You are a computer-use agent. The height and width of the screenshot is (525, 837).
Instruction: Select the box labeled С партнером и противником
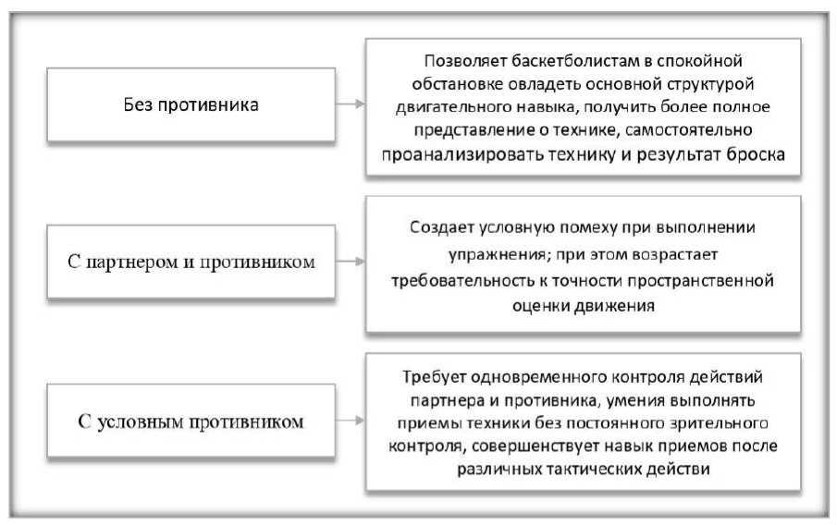coord(191,262)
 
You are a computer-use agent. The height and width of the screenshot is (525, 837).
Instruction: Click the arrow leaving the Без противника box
coord(347,104)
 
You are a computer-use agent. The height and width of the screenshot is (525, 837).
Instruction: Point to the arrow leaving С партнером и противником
coord(347,262)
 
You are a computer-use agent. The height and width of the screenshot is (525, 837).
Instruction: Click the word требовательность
coord(470,279)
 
